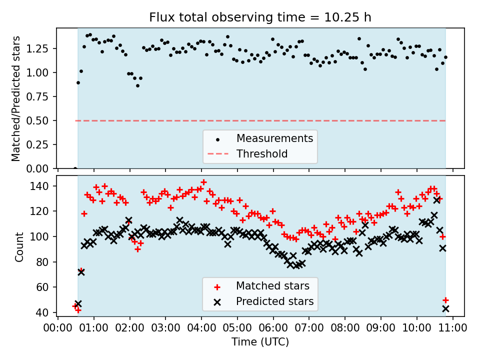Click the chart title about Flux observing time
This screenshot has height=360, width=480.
(x=260, y=17)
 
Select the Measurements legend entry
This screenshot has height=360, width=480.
(x=274, y=138)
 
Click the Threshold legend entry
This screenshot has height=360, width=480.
(x=262, y=153)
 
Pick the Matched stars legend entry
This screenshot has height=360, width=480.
(x=272, y=286)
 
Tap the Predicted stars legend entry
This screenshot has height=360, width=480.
(x=274, y=301)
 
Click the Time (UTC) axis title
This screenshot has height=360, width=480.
(x=260, y=342)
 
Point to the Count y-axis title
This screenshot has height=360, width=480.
(x=19, y=246)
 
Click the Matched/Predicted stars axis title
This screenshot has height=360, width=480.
(x=16, y=98)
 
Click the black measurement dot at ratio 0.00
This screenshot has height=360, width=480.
(x=75, y=168)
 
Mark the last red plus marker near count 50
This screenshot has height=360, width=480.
(x=445, y=300)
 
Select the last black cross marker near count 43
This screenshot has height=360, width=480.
(x=445, y=309)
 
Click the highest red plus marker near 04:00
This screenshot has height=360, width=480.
(x=203, y=182)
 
